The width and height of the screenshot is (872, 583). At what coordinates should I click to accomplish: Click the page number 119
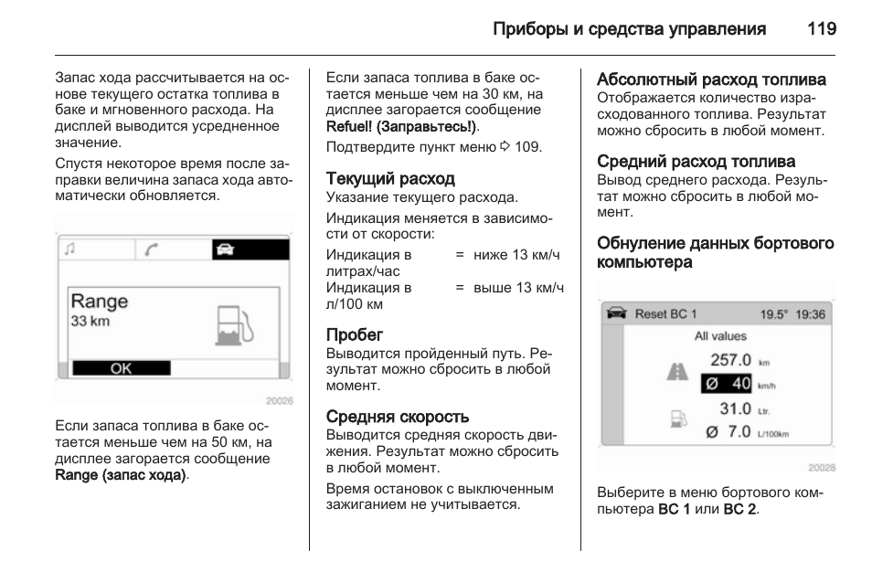[822, 28]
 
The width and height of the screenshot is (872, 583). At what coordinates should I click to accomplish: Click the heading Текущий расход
[390, 178]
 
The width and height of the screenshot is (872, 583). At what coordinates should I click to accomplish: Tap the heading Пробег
[355, 334]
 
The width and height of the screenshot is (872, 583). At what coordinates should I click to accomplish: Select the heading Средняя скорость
[398, 417]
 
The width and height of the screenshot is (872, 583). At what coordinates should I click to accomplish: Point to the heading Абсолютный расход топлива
[711, 79]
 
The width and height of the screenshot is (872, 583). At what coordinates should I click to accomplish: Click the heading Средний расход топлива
[696, 162]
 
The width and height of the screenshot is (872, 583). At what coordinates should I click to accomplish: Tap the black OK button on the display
[121, 368]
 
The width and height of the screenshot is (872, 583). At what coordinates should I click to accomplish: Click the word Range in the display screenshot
[100, 302]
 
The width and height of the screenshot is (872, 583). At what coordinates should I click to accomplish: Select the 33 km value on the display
[90, 322]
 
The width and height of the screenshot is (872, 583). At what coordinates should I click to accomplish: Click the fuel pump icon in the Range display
[233, 325]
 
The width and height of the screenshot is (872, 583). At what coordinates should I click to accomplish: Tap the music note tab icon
[70, 249]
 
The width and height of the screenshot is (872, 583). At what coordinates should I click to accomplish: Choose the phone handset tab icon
[151, 249]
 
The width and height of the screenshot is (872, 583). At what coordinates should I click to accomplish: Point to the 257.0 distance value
[730, 361]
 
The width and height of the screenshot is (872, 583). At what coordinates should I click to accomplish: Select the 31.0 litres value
[735, 408]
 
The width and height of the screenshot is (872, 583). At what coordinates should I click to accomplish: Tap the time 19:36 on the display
[810, 314]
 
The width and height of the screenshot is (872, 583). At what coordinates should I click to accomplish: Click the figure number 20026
[280, 400]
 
